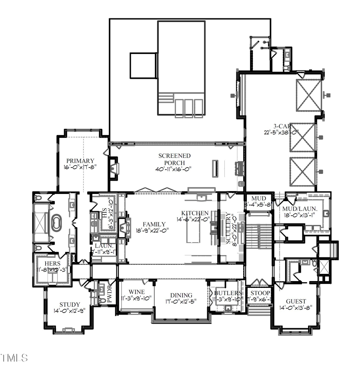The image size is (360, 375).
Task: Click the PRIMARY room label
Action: pos(80,161)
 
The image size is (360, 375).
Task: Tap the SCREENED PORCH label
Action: pos(174,159)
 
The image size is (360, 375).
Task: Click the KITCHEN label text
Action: pos(195,213)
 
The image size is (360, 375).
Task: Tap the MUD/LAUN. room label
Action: pos(300,208)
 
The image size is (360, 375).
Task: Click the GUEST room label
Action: pos(296,301)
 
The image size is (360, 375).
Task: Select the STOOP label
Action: pos(260,293)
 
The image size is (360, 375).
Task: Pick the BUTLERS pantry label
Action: pos(228,293)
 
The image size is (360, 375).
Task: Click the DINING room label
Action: pos(181,295)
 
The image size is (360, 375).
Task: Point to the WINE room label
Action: pos(136,292)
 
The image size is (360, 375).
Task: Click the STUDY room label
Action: pos(70,304)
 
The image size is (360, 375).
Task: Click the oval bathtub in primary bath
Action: pos(56,222)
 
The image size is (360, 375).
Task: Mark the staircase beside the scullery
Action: pos(258,236)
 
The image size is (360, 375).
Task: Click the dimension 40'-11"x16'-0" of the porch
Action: pos(174,169)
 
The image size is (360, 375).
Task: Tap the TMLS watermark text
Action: pos(14,357)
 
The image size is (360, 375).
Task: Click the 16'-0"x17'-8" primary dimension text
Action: pos(80,168)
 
